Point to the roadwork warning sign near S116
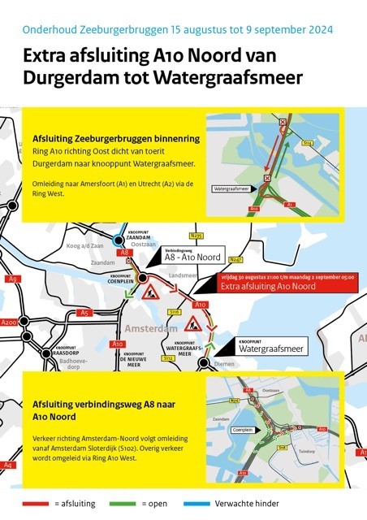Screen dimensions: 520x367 coord(193,324)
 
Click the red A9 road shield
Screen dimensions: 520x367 coord(12,279)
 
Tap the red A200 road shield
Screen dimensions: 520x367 coord(9,323)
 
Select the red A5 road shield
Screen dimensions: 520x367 coord(84,312)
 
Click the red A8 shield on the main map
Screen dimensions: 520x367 coord(125,253)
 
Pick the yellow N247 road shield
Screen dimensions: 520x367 coord(236,259)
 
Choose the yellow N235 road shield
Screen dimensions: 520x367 coord(195,236)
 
